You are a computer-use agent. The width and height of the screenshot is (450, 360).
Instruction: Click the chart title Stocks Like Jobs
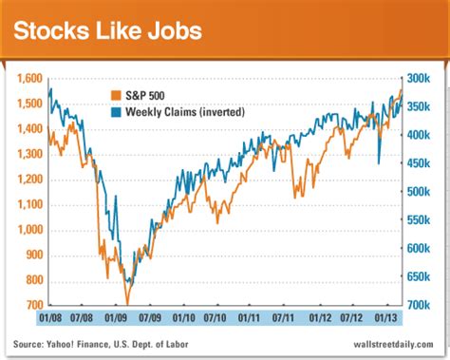[106, 30]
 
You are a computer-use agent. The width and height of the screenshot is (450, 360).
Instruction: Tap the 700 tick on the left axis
[35, 306]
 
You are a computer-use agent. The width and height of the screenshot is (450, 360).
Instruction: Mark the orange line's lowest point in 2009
[127, 302]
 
